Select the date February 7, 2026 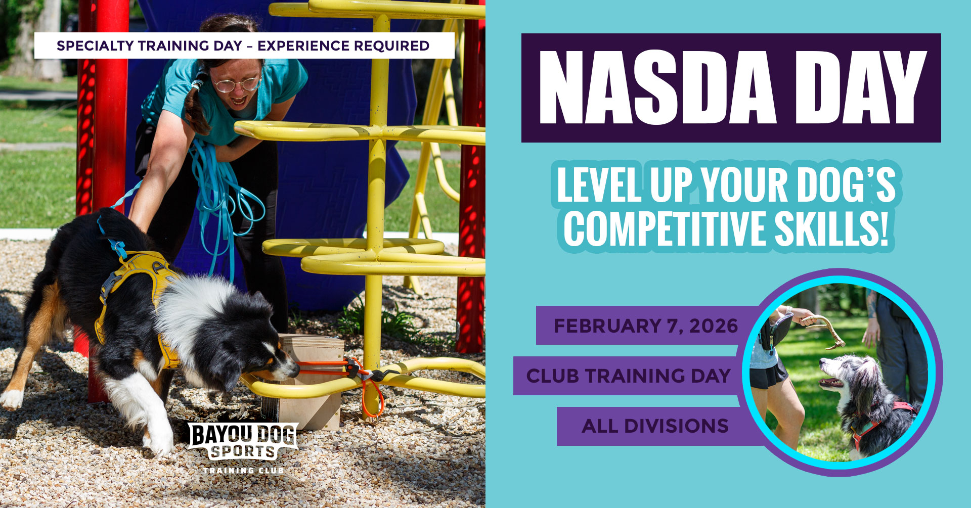(x=646, y=326)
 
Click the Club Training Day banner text (x=628, y=376)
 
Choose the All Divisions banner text (x=655, y=426)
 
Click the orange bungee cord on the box (x=349, y=375)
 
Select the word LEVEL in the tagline (x=599, y=184)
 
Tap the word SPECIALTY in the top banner (x=96, y=46)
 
